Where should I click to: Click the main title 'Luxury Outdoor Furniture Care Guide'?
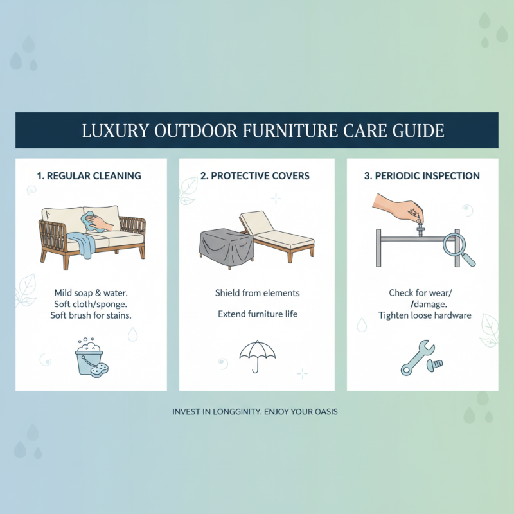[x=257, y=130]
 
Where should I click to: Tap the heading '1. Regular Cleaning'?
[x=91, y=175]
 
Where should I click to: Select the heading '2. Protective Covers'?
[x=256, y=175]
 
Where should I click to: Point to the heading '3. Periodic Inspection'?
[x=422, y=175]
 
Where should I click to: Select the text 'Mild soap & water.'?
[x=91, y=293]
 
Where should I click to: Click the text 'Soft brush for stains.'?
[x=91, y=315]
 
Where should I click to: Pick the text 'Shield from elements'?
[x=257, y=293]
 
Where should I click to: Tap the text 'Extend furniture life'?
[x=257, y=314]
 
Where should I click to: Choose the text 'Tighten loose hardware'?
[x=425, y=315]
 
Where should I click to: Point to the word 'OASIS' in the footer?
[x=324, y=411]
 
